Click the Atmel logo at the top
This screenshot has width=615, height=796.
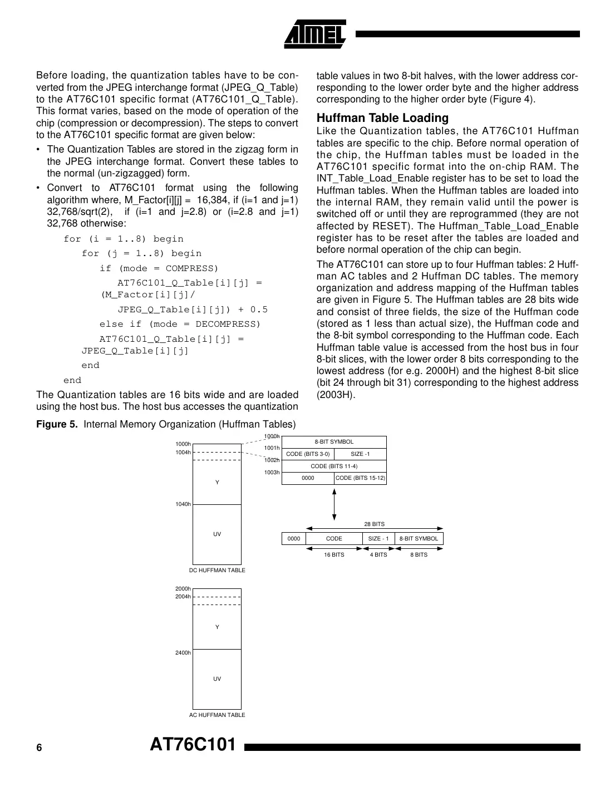tap(315, 35)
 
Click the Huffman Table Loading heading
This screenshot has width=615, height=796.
tap(382, 118)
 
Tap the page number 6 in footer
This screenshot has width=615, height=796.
tap(39, 748)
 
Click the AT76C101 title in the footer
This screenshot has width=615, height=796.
tap(193, 745)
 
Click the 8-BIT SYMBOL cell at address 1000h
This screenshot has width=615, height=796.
tap(334, 442)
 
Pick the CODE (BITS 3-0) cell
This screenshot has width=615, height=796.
tap(308, 454)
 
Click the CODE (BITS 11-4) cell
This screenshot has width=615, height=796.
tap(334, 466)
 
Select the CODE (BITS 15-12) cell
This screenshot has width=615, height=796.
tap(360, 478)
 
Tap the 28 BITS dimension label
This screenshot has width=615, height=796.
tap(374, 524)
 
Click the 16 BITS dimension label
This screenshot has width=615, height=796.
tap(334, 555)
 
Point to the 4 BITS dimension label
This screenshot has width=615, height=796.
tap(378, 555)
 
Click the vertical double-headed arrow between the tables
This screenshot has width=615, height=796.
tap(334, 503)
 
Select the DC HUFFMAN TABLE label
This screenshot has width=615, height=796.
tap(217, 571)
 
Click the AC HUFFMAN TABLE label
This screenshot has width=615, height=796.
tap(217, 715)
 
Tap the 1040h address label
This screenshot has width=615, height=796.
tap(183, 504)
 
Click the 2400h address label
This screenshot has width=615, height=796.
tap(183, 652)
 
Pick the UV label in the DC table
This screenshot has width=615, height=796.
tap(217, 534)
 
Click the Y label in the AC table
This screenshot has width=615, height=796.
tap(217, 627)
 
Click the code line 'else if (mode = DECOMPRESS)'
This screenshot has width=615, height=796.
tap(180, 324)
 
